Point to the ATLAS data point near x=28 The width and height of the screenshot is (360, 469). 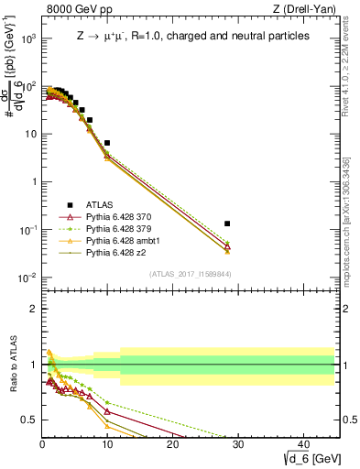[x=227, y=224]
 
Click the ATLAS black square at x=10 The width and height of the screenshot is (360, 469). [x=107, y=143]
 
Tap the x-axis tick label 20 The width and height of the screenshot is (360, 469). [x=172, y=443]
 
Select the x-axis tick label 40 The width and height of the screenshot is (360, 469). [x=302, y=443]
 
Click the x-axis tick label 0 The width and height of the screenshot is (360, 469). [x=42, y=443]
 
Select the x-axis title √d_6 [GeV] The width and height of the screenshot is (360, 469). [x=312, y=457]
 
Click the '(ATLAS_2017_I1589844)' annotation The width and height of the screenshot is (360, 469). [x=189, y=274]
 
